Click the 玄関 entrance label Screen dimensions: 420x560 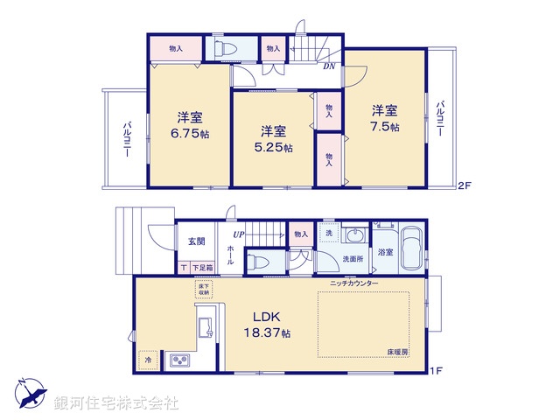click(x=195, y=241)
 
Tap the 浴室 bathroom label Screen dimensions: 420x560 click(x=385, y=251)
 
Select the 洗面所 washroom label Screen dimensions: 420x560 click(x=353, y=259)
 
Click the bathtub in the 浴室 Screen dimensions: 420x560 click(x=413, y=248)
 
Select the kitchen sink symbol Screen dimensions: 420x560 click(x=207, y=327)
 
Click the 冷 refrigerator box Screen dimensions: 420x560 click(x=149, y=360)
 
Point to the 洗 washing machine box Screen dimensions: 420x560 click(x=328, y=235)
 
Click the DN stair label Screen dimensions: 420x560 click(x=330, y=66)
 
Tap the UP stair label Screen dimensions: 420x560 click(x=238, y=234)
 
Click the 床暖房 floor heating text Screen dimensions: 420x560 click(x=398, y=351)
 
